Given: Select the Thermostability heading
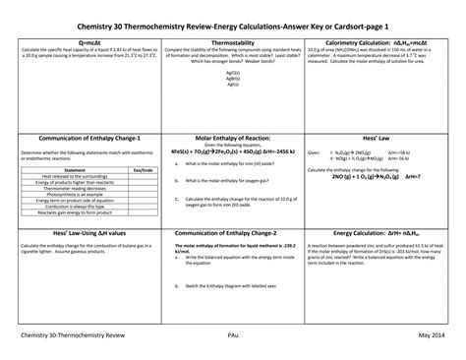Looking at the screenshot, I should [x=232, y=44].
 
